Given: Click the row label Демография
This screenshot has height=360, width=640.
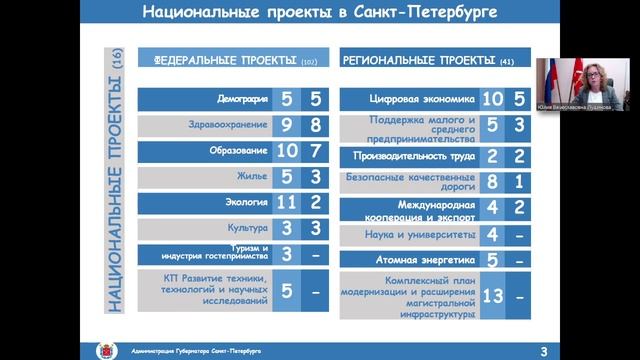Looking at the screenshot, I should pos(241,100).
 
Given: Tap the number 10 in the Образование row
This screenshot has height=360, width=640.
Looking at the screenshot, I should pos(285,151).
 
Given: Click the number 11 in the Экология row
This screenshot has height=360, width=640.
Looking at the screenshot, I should pos(285,203).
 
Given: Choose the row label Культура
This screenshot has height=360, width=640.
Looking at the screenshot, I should pos(247,229).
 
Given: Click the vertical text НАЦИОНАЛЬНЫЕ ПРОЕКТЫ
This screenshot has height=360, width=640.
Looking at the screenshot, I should pos(115,180).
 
